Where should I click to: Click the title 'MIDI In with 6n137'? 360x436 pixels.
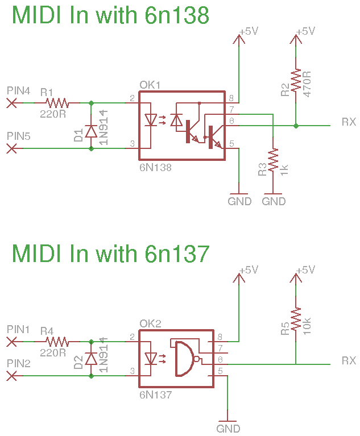[110, 253]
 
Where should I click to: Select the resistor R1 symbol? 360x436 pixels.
[57, 103]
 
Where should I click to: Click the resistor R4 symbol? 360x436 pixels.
[57, 342]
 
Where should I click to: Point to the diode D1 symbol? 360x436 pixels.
[91, 131]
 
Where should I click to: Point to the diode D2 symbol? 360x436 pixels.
[91, 359]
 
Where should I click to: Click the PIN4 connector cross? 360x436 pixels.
[11, 103]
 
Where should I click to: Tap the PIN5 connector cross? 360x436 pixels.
[11, 148]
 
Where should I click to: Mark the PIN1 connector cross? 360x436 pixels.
[11, 342]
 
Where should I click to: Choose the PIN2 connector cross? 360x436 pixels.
[11, 376]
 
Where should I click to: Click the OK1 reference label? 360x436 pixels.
[150, 85]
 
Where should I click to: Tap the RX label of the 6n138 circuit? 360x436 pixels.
[349, 122]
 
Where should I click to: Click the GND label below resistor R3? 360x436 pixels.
[274, 201]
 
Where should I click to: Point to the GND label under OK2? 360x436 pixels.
[228, 429]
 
